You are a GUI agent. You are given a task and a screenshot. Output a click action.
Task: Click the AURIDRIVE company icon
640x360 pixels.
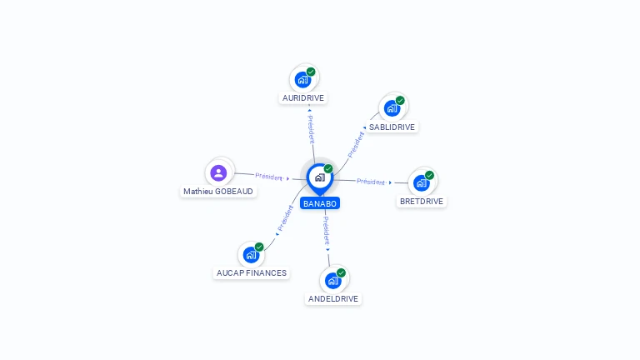[302, 80]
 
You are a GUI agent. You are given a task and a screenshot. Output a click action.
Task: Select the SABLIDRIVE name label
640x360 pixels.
[392, 127]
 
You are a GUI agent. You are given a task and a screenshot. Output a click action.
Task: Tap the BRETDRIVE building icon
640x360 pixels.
[421, 182]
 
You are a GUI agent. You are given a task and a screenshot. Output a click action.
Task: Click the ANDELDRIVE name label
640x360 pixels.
[333, 299]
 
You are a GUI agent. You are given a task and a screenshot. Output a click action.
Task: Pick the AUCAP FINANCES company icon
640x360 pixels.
[251, 255]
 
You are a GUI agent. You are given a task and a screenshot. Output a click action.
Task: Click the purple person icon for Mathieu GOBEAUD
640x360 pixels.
[218, 172]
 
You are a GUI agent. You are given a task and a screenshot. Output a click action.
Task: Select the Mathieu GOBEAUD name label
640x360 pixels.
[218, 192]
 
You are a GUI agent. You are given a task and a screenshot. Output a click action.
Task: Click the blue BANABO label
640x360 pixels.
[320, 203]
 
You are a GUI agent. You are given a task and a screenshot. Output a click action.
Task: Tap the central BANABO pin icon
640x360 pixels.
[320, 179]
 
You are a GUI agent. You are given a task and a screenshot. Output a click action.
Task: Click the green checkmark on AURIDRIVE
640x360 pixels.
[311, 72]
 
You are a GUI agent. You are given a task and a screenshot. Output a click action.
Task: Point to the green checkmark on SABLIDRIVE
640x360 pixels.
[400, 100]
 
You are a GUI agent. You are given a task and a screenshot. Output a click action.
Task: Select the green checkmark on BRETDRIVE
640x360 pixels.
[429, 175]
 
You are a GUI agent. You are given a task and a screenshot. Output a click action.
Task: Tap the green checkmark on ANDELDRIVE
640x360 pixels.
[341, 272]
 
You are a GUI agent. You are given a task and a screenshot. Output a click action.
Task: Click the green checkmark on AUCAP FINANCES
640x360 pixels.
[259, 247]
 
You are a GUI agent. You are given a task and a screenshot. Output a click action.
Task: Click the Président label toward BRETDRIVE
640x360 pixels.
[371, 182]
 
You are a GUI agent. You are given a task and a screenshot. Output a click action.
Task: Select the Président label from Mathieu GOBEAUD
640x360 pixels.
[268, 177]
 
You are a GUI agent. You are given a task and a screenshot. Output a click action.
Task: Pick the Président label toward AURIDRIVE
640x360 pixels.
[311, 129]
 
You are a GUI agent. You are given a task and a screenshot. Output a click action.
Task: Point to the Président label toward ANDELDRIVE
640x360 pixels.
[326, 231]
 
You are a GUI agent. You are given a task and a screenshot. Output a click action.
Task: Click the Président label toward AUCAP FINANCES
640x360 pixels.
[285, 218]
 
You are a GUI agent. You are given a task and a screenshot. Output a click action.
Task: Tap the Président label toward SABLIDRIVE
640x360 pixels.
[356, 145]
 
